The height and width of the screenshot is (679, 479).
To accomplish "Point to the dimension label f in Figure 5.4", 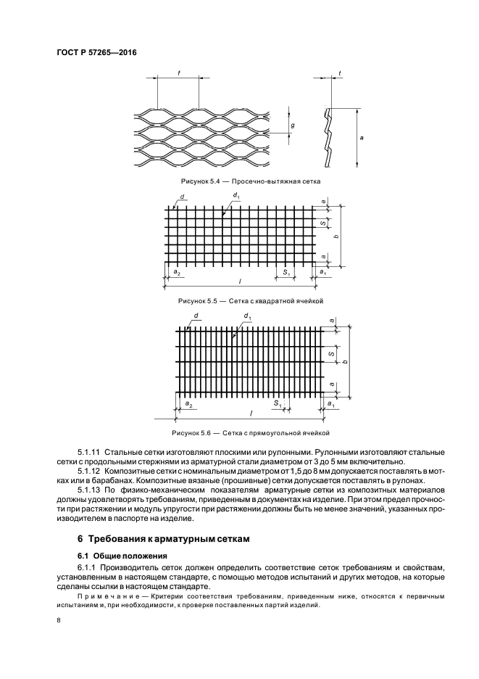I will click(178, 73).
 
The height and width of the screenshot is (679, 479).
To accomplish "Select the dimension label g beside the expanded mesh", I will click(292, 125).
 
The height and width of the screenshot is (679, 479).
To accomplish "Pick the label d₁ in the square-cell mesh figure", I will click(236, 195).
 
